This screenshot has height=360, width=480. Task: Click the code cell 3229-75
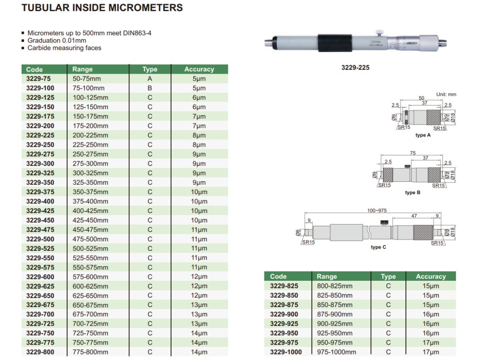click(38, 79)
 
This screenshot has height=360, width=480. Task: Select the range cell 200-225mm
click(90, 135)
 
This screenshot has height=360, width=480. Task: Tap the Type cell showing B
click(150, 88)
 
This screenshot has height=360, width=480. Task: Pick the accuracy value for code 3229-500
click(199, 239)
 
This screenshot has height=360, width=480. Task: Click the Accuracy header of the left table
click(199, 69)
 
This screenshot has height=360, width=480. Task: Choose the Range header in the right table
click(327, 277)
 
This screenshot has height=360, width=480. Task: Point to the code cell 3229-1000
click(286, 352)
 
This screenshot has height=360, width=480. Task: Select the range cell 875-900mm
click(335, 315)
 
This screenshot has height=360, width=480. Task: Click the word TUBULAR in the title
click(45, 7)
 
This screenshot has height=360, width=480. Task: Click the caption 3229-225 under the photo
click(355, 67)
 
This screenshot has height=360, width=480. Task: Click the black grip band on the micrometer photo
click(335, 43)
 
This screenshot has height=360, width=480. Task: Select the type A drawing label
click(423, 135)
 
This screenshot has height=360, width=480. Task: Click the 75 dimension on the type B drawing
click(412, 153)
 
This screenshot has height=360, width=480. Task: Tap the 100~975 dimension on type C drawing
click(377, 210)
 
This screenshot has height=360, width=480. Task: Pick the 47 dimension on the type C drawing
click(414, 216)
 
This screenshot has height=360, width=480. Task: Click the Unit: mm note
click(446, 94)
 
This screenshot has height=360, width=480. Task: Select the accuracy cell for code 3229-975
click(431, 343)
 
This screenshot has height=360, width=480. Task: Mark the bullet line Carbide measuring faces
click(64, 48)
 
